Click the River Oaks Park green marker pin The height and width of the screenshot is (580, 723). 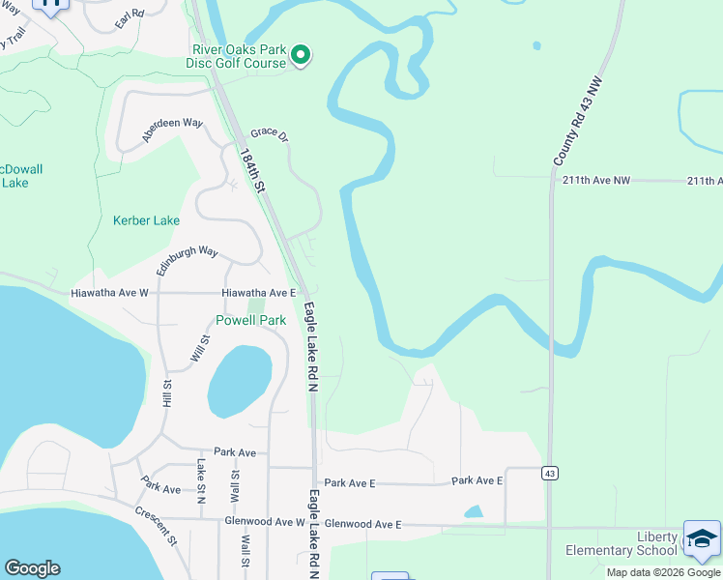pyautogui.click(x=301, y=56)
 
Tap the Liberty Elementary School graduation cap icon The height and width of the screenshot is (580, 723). pyautogui.click(x=702, y=539)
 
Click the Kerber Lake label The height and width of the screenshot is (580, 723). pyautogui.click(x=146, y=220)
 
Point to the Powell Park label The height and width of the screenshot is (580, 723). pyautogui.click(x=250, y=320)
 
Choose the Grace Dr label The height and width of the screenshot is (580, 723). pyautogui.click(x=270, y=135)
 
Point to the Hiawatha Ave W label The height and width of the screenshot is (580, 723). pyautogui.click(x=109, y=292)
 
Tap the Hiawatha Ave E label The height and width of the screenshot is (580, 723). pyautogui.click(x=258, y=292)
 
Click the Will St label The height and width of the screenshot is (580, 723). pyautogui.click(x=200, y=349)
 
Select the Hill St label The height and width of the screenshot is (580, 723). pyautogui.click(x=167, y=395)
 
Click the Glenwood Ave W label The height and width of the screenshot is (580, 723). pyautogui.click(x=264, y=521)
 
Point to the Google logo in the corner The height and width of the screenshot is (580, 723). pyautogui.click(x=32, y=568)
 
